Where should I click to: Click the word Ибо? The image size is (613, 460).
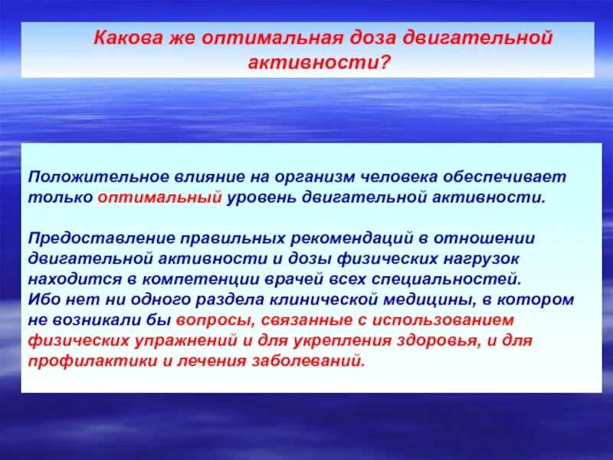click(x=43, y=299)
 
